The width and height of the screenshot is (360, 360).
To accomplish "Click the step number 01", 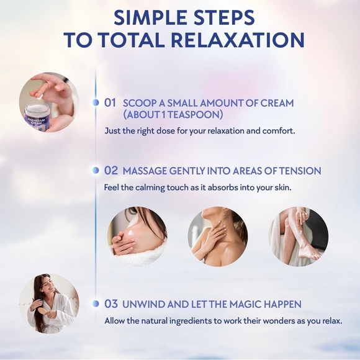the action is pos(110,103).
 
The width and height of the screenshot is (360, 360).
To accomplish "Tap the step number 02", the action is pos(111,170).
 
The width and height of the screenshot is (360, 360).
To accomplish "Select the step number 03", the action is pos(111,304).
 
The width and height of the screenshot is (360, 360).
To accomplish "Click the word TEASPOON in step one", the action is pos(194,114).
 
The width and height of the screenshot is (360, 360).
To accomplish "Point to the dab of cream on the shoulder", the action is pos(130,233).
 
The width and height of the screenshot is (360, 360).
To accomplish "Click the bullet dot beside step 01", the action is pos(96,102).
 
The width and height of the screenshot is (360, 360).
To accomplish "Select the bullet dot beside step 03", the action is pos(96,304).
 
